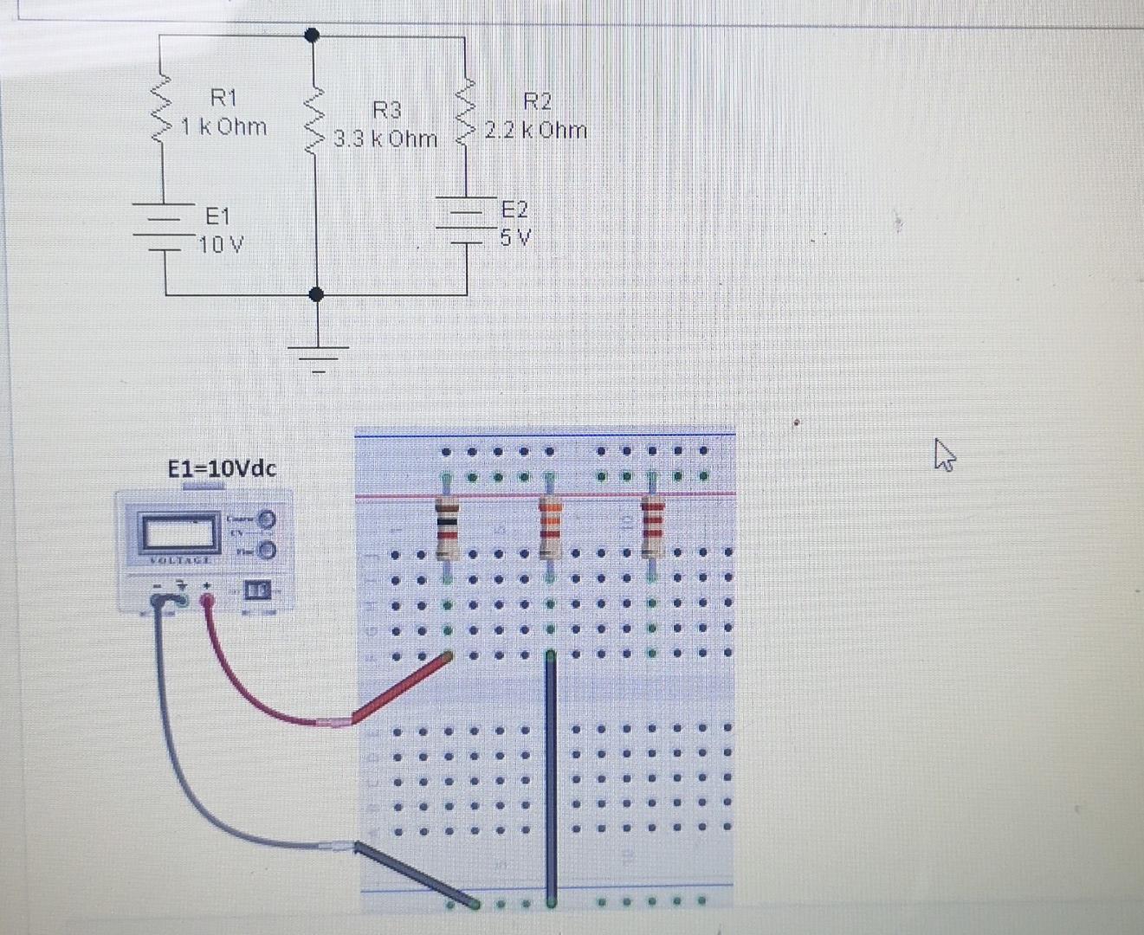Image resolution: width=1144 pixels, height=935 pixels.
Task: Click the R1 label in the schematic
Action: [x=223, y=97]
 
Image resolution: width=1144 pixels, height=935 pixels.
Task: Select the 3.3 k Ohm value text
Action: [x=386, y=139]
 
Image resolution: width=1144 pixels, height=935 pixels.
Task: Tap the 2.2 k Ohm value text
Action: [x=536, y=131]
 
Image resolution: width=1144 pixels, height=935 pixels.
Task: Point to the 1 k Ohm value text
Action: [x=223, y=127]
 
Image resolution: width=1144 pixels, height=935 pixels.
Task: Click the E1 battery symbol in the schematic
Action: [x=163, y=227]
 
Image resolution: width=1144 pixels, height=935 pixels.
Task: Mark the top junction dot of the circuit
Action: [x=313, y=35]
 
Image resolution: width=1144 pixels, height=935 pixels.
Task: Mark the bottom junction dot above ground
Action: [x=317, y=294]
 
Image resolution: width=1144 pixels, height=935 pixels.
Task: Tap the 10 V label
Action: [x=221, y=245]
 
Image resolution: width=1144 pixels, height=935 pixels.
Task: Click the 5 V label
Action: [x=516, y=237]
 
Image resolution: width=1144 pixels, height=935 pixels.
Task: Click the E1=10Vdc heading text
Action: [x=223, y=469]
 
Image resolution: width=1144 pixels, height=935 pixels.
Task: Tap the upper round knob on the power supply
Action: [x=268, y=519]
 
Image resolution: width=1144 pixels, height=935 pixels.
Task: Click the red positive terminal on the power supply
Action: [x=208, y=600]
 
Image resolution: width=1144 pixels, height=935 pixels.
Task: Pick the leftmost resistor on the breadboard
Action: [x=447, y=528]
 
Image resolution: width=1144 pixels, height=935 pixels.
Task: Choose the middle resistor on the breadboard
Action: [x=550, y=528]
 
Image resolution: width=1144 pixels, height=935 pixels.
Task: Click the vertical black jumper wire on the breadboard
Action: [x=549, y=771]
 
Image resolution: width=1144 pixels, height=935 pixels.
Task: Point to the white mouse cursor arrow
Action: [x=943, y=453]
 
